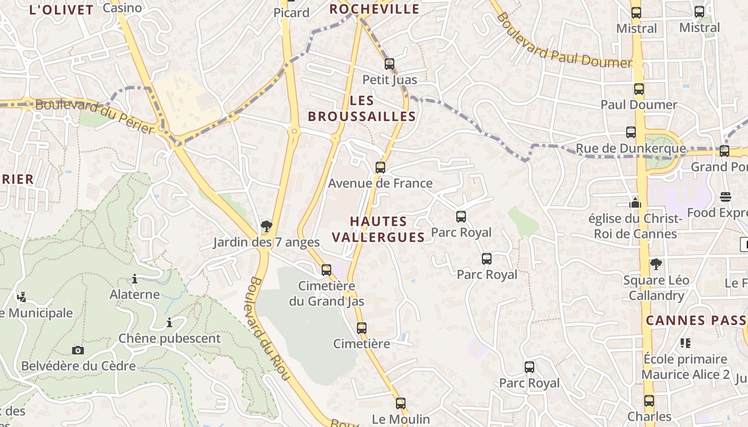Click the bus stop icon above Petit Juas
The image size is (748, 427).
pyautogui.click(x=389, y=64)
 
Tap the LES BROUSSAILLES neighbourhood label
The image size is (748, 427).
pyautogui.click(x=362, y=108)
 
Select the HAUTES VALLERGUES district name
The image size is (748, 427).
pyautogui.click(x=378, y=229)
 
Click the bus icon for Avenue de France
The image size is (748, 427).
pyautogui.click(x=380, y=168)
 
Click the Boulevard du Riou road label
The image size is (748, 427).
pyautogui.click(x=269, y=328)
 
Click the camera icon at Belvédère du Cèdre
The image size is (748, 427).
pyautogui.click(x=78, y=350)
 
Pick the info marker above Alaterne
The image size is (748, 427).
pyautogui.click(x=135, y=279)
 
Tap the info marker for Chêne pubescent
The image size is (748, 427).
pyautogui.click(x=169, y=322)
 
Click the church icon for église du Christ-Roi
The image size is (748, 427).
pyautogui.click(x=635, y=202)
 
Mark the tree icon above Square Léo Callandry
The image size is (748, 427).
pyautogui.click(x=656, y=264)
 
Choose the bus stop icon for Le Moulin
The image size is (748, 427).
pyautogui.click(x=401, y=404)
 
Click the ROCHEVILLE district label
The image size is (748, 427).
pyautogui.click(x=374, y=9)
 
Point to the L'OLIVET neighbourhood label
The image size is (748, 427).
pyautogui.click(x=61, y=10)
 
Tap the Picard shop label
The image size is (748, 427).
pyautogui.click(x=291, y=13)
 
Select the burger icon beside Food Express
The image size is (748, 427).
pyautogui.click(x=725, y=197)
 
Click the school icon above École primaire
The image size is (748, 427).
pyautogui.click(x=685, y=343)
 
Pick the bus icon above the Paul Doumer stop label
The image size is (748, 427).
pyautogui.click(x=639, y=89)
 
